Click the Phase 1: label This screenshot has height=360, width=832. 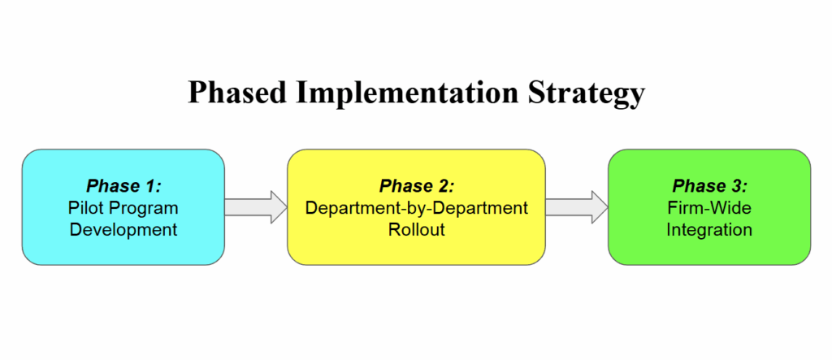[123, 186]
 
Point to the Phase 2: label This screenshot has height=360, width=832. [417, 186]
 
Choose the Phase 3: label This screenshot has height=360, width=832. [709, 186]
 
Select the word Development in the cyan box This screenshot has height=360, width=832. [123, 231]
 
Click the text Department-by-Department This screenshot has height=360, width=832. [417, 209]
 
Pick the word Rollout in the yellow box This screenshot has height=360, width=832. [417, 231]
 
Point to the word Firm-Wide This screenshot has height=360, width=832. [709, 207]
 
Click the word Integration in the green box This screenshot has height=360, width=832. [709, 231]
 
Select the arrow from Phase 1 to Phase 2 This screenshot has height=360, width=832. [256, 207]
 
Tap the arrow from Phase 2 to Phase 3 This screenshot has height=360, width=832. [577, 207]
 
